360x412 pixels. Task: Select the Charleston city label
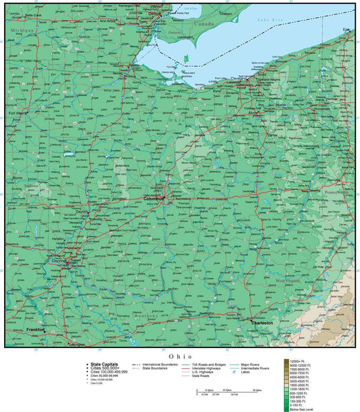coord(262,321)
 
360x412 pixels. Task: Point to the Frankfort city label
coord(36,329)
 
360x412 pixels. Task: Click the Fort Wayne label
coord(19,113)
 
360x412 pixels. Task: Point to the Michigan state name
coord(22,31)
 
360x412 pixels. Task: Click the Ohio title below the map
coord(179,356)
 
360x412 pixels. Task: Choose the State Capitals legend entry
coord(101,365)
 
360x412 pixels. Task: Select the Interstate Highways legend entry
coord(205,369)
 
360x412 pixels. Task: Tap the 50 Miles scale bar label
coord(255,390)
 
